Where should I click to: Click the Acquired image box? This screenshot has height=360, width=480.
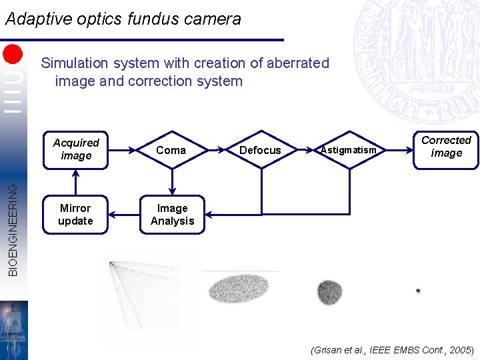point(75,149)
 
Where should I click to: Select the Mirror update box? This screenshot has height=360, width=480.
point(75,215)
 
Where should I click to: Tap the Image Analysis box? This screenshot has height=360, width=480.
point(172,215)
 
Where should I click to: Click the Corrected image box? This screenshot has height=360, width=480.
point(446,147)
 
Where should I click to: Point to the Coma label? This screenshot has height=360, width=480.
point(171,151)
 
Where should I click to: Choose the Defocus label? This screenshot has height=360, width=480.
point(260,151)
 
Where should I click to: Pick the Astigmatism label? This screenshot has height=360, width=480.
point(348,151)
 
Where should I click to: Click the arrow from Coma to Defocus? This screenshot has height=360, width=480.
point(219,150)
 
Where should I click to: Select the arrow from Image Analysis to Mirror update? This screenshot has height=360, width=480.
point(123,215)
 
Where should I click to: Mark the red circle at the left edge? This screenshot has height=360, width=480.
point(13,53)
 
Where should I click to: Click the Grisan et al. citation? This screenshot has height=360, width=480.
point(392,350)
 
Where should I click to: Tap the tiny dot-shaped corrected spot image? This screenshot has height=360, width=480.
point(418,291)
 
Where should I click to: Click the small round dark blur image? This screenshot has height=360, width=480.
point(329,291)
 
